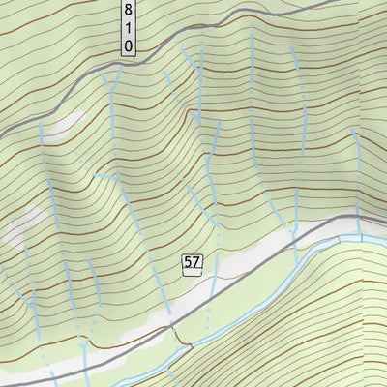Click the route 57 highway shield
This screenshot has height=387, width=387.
click(x=192, y=262)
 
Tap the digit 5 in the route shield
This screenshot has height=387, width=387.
click(x=188, y=262)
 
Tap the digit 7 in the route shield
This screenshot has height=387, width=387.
click(x=195, y=262)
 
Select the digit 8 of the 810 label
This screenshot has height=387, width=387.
click(x=128, y=11)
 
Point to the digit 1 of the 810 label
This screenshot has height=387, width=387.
click(x=128, y=28)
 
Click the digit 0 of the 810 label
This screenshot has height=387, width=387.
click(x=128, y=45)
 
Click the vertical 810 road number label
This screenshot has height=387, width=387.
click(x=128, y=27)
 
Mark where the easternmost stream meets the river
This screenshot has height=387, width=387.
click(x=362, y=238)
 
